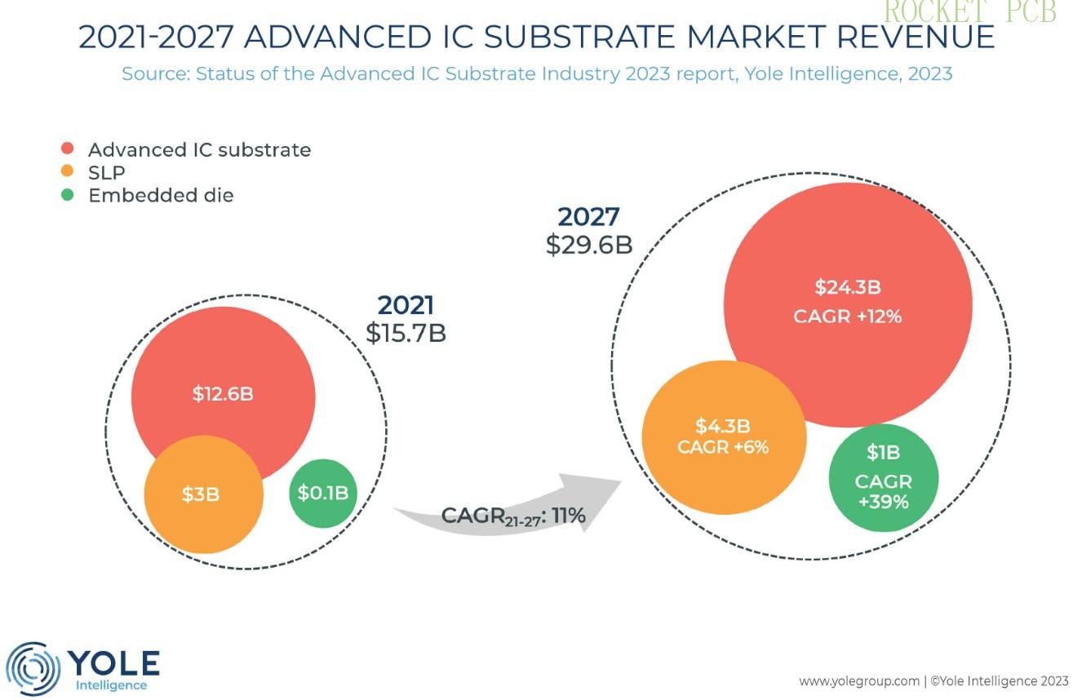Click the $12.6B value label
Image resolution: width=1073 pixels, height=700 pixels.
click(223, 393)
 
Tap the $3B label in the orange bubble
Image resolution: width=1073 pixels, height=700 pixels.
click(200, 494)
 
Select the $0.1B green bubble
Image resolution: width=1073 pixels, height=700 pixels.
click(323, 492)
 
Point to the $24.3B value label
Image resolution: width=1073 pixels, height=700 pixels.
click(848, 287)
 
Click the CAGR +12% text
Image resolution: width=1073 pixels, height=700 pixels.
click(848, 316)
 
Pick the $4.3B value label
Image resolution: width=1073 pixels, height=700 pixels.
click(723, 426)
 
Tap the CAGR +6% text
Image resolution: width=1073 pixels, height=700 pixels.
click(723, 447)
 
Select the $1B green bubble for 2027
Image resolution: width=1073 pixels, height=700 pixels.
click(883, 477)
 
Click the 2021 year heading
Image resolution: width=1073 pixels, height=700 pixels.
click(406, 305)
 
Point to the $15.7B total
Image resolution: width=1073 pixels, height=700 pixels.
click(406, 333)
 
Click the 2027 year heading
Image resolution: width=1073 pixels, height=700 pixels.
click(588, 217)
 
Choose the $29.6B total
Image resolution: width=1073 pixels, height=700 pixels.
click(588, 245)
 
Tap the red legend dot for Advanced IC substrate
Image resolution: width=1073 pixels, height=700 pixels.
click(68, 149)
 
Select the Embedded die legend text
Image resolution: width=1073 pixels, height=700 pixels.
click(161, 195)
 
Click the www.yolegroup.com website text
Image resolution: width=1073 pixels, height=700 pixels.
click(858, 680)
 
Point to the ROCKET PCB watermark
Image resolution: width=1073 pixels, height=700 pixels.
click(969, 12)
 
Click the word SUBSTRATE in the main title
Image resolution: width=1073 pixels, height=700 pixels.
click(557, 38)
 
